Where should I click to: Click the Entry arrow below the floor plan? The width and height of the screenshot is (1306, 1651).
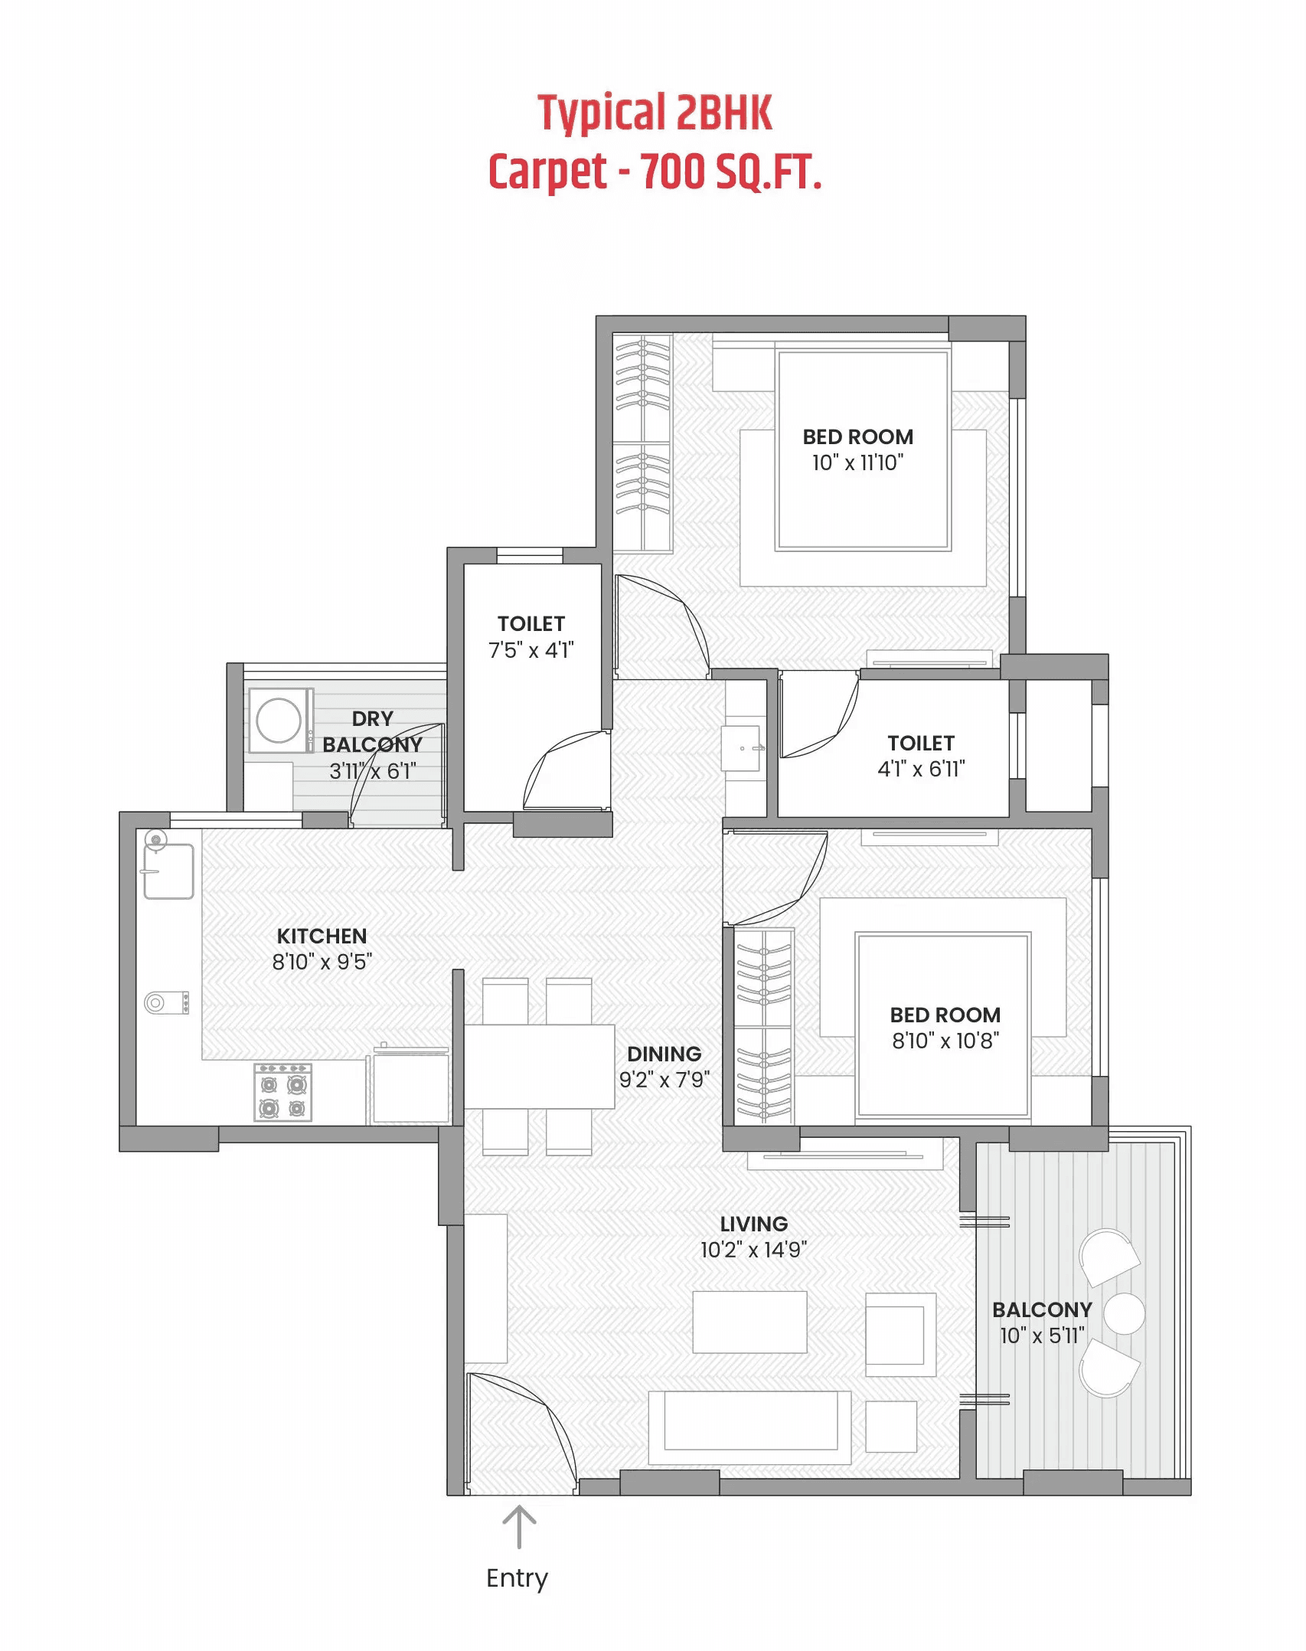coord(519,1526)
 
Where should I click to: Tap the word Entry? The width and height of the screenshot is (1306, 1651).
coord(517,1579)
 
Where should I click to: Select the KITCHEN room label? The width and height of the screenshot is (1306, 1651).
coord(322,936)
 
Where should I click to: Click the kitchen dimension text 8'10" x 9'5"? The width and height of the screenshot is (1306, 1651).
coord(322,962)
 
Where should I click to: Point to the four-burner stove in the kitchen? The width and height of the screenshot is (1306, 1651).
coord(282,1093)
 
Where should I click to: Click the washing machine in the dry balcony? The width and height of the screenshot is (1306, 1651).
coord(279,720)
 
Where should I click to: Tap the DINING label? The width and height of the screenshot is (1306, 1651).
coord(664,1054)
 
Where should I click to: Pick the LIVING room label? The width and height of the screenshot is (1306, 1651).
coord(753,1224)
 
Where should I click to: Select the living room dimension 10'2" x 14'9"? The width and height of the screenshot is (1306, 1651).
coord(753,1250)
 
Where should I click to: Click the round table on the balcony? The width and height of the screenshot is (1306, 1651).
coord(1124,1313)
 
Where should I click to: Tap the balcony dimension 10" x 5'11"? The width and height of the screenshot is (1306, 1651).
coord(1042,1336)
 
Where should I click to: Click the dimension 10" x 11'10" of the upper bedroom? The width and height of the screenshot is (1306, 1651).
coord(857,463)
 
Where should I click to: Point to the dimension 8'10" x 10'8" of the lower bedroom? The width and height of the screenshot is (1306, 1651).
coord(945,1041)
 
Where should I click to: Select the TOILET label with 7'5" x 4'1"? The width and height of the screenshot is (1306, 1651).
coord(531,624)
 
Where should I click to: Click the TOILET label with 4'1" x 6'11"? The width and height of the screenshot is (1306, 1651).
coord(921,743)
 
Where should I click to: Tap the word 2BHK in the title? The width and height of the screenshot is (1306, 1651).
coord(724,113)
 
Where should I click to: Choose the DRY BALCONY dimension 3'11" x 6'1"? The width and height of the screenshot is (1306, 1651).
coord(373,771)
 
